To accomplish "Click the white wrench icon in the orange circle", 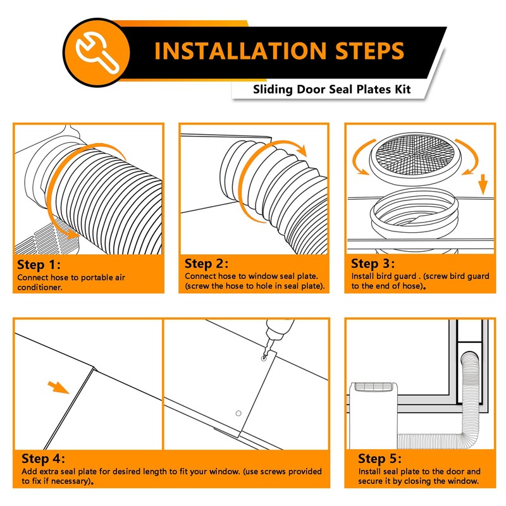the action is tap(97, 52).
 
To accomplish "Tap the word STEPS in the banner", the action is tap(370, 51).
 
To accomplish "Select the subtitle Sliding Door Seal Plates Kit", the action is tap(331, 89).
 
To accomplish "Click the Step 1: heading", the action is tap(39, 264).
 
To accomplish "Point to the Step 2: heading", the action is tap(206, 264).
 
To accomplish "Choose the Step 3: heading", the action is tap(373, 264).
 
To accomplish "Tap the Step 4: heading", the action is tap(43, 459).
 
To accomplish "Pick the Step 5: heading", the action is tap(380, 459).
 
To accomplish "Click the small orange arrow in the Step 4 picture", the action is tap(58, 387).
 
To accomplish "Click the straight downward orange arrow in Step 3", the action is tap(483, 184).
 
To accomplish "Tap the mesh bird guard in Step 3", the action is tap(416, 158).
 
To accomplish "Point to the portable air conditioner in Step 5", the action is tap(374, 416).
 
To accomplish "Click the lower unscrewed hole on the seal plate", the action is tap(238, 414).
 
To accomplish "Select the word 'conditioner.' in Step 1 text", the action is tap(40, 288).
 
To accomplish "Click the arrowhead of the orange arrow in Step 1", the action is tap(73, 233).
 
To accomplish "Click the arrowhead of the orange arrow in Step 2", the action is tap(302, 150).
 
